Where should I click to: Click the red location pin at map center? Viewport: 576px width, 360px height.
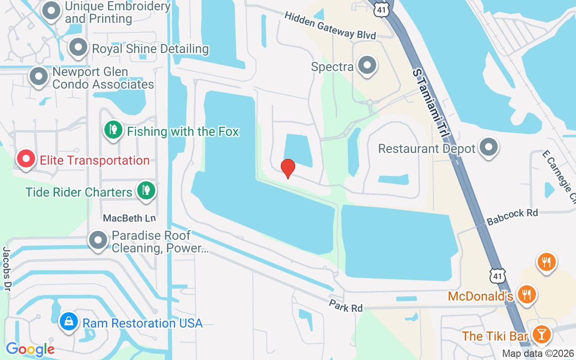point(288,168)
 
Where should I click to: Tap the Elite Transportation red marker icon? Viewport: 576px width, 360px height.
point(26,159)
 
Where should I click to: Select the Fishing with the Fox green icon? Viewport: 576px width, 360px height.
point(113,130)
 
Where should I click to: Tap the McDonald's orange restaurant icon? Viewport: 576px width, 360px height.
point(525,294)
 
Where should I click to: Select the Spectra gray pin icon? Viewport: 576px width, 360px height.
point(367,66)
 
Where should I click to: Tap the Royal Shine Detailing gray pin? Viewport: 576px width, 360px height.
point(78,48)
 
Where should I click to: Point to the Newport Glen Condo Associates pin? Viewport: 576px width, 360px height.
point(39,76)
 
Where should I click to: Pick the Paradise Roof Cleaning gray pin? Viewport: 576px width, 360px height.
point(98,241)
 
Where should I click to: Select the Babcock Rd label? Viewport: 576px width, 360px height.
point(512,216)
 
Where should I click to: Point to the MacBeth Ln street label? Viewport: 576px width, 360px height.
point(129,218)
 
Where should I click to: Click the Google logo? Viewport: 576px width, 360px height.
point(30,349)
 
